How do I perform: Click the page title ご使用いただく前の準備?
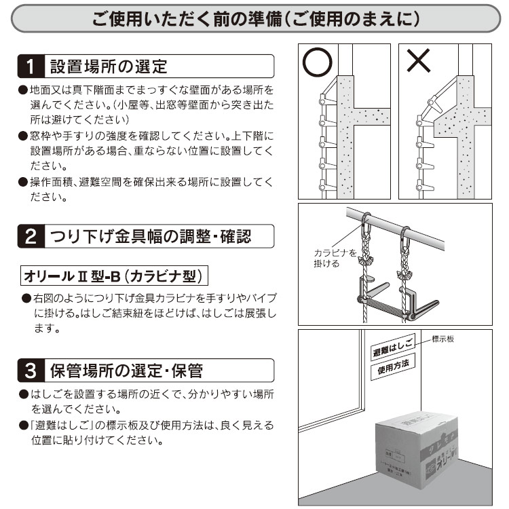point(254,19)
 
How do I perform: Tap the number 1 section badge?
point(29,67)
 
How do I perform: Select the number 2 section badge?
point(29,237)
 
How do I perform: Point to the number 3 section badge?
point(29,371)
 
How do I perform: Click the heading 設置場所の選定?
point(109,67)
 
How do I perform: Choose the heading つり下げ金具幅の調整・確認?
point(151,237)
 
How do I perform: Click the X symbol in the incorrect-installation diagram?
point(418,62)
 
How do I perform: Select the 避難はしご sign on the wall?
point(392,350)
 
